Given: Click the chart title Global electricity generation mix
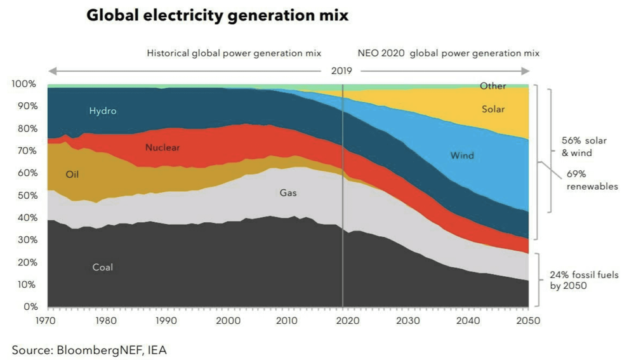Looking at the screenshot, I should click(217, 16).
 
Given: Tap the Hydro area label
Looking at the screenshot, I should click(103, 111).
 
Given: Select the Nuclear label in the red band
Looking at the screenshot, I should click(162, 148).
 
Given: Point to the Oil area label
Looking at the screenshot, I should click(72, 174).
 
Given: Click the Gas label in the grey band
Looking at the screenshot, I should click(288, 192).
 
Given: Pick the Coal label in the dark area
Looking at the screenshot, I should click(103, 267).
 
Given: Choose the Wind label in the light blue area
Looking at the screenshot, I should click(462, 156).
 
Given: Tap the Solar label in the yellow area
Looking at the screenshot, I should click(493, 109).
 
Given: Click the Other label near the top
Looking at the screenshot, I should click(493, 86).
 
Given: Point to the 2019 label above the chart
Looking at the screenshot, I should click(343, 70).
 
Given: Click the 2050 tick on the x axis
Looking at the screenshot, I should click(528, 321).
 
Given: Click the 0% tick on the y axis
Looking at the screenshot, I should click(30, 307).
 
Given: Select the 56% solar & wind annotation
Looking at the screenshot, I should click(585, 147).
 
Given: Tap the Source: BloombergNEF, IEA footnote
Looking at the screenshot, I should click(89, 350).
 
